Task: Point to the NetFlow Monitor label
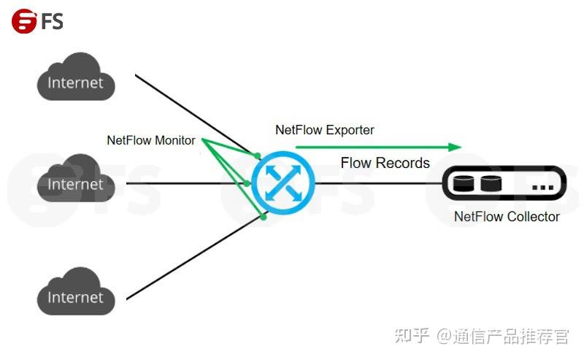point(151,140)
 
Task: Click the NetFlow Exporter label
point(325,130)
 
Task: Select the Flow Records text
point(385,163)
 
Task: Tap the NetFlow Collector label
point(507,217)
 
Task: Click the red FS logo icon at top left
point(24,21)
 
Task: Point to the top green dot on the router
point(258,156)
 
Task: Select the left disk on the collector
point(464,183)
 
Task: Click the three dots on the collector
point(542,188)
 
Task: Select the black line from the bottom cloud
point(190,261)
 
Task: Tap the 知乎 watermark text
point(411,336)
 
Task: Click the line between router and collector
point(380,183)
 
